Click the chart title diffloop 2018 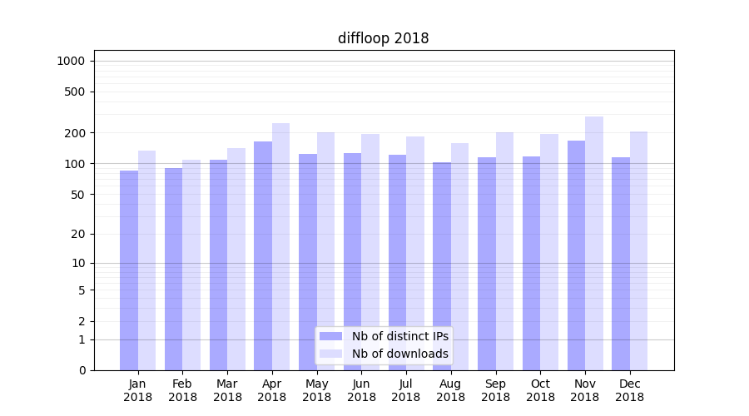[x=383, y=38]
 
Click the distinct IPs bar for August [x=442, y=266]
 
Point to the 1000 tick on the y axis [x=71, y=61]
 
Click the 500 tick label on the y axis [x=75, y=92]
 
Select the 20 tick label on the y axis [x=78, y=234]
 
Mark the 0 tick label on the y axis [x=82, y=370]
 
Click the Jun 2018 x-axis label [x=361, y=390]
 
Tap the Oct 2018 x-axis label [x=540, y=390]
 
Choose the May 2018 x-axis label [x=316, y=390]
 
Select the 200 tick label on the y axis [x=75, y=133]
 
